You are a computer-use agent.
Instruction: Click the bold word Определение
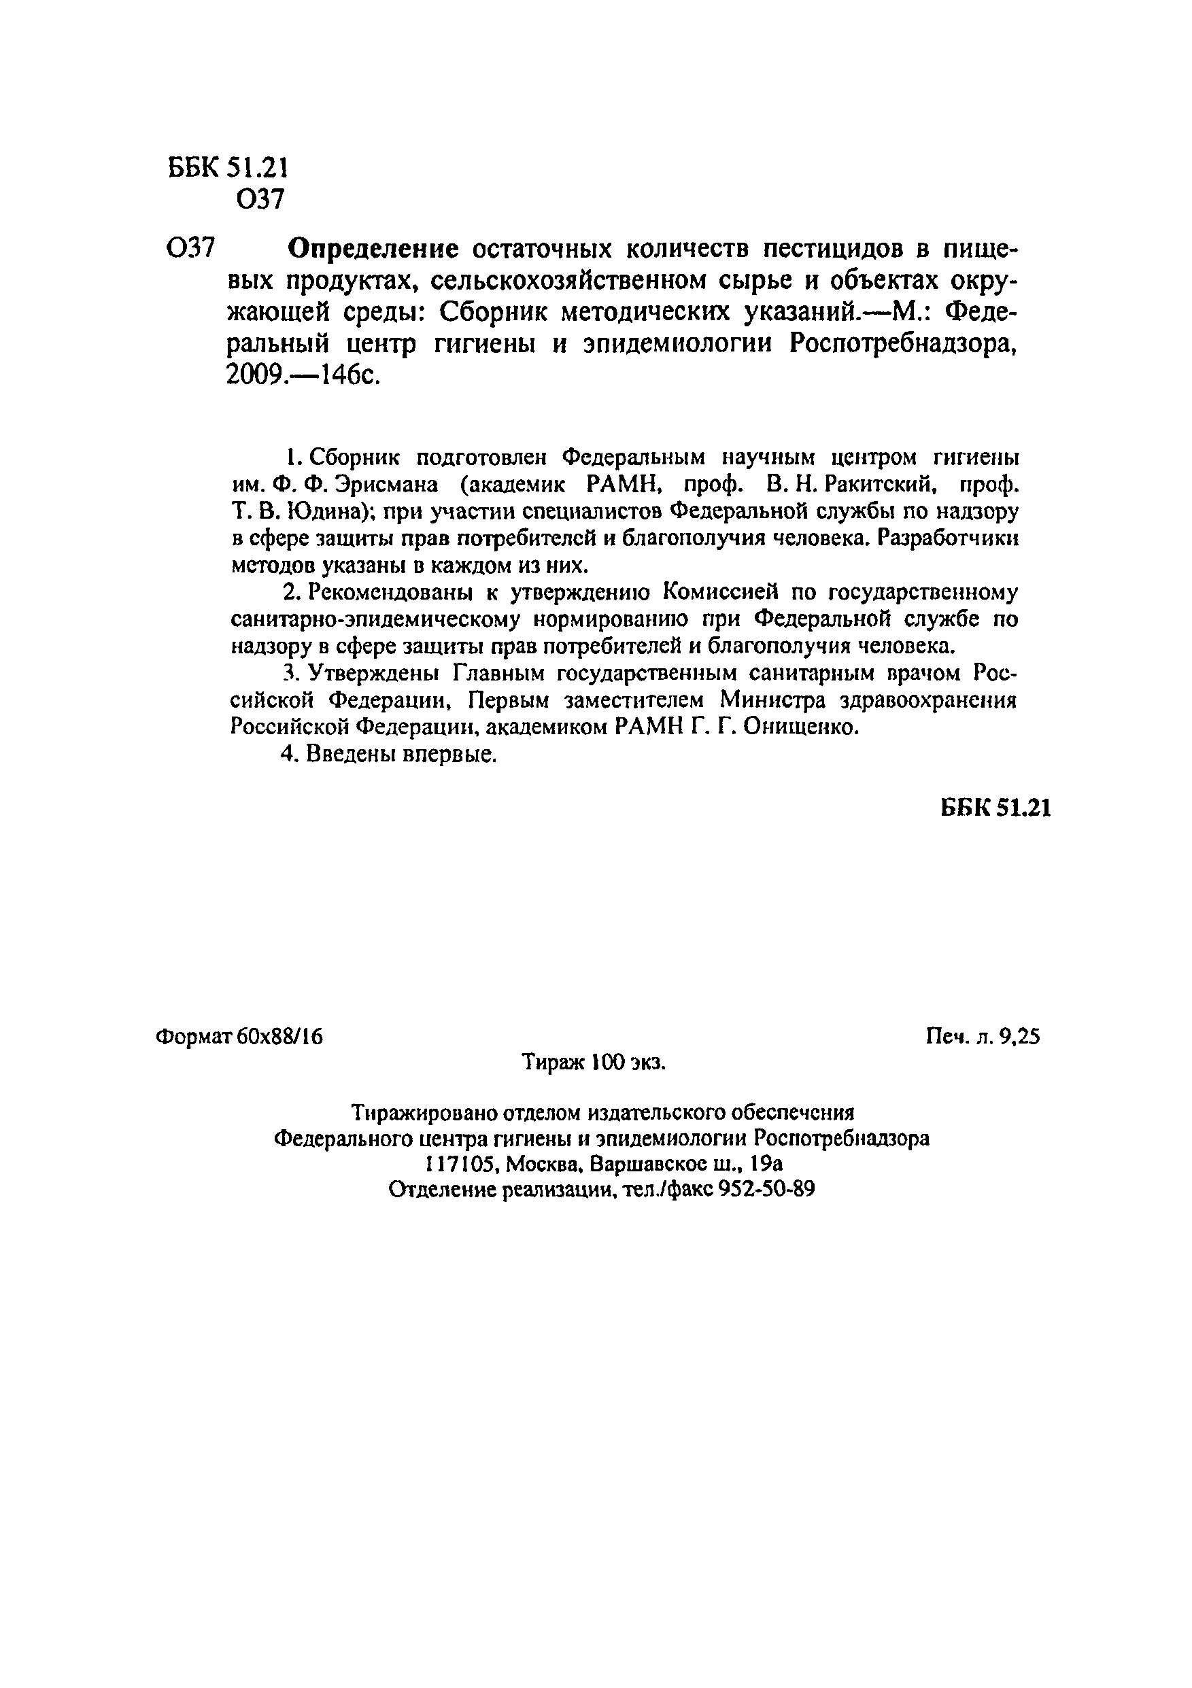(373, 251)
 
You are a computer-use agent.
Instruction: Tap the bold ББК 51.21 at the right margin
(995, 808)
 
